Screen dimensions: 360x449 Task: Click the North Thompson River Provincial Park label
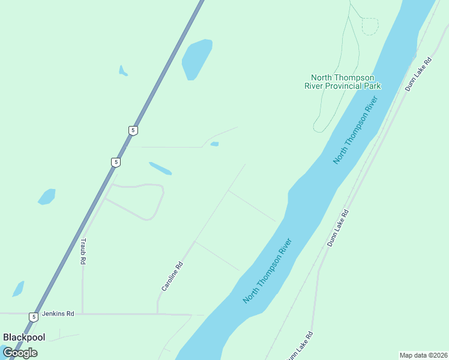pos(342,82)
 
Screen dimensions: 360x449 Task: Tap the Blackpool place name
pos(24,337)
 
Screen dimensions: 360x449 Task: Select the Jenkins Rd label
pos(62,313)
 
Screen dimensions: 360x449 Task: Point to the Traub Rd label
pos(83,251)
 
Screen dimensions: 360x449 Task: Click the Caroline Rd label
pos(171,276)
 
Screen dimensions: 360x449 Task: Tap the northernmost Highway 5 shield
pos(133,130)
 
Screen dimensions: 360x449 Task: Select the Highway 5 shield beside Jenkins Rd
pos(34,316)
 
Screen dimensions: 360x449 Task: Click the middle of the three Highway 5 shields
pos(116,162)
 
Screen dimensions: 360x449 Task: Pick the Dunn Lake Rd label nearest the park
pos(418,74)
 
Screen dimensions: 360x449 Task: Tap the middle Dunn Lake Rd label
pos(338,229)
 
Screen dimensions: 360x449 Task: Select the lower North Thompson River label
pos(268,271)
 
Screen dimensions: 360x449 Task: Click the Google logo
pos(20,352)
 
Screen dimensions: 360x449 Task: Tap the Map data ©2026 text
pos(423,355)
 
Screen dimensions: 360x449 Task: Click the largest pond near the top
pos(196,59)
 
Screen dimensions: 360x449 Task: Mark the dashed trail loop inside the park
pos(370,26)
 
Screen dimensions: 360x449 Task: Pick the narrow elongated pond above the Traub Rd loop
pos(160,168)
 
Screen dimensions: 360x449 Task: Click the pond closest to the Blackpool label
pos(18,289)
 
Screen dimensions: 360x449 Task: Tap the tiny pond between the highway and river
pos(215,144)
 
